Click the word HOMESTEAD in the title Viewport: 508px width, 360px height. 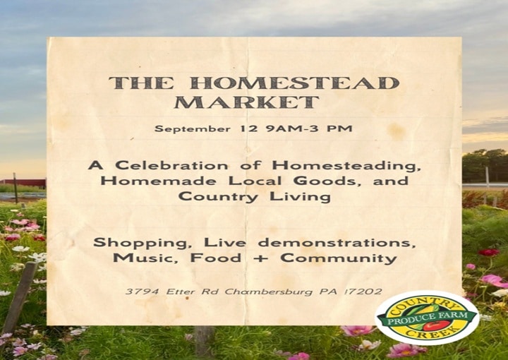(294, 83)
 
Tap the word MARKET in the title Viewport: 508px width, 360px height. (247, 102)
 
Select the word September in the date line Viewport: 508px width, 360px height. (193, 129)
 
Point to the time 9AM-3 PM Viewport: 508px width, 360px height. (309, 128)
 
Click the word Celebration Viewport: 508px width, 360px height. (171, 166)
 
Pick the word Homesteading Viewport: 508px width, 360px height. (346, 166)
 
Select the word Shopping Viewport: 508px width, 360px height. (143, 244)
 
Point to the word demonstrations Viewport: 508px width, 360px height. (337, 243)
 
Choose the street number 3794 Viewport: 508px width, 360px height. (143, 292)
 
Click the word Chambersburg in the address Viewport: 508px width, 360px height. (269, 292)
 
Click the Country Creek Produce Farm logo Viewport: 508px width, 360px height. (427, 318)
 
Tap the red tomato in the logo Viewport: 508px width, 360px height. (437, 325)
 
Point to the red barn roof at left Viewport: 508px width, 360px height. (25, 182)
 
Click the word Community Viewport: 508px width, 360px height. (339, 259)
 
